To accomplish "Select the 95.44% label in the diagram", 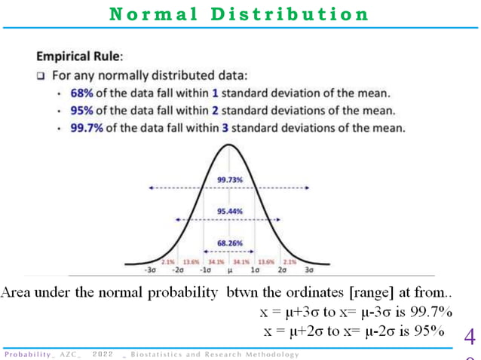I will tap(229, 212).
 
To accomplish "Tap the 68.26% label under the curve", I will tap(229, 243).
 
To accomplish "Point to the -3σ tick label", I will tap(151, 269).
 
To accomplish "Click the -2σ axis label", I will tap(178, 269).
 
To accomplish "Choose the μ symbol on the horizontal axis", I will tap(229, 269).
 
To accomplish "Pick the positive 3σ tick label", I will tap(308, 269).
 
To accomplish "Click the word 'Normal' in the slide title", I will tap(147, 14).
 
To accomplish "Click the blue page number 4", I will tap(470, 333).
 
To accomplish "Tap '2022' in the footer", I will tap(103, 353).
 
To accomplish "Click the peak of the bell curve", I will tap(229, 143).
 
